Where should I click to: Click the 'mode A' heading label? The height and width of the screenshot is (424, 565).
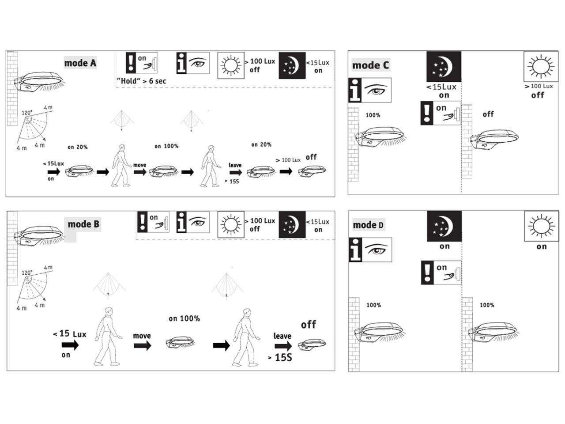(80, 63)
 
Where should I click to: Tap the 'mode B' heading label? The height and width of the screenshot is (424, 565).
(83, 224)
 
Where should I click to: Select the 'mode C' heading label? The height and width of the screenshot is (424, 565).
(371, 65)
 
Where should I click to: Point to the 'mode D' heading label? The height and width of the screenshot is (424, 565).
(368, 225)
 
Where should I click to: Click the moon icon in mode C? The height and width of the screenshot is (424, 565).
(444, 67)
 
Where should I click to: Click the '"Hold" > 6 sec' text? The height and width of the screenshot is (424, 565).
(141, 81)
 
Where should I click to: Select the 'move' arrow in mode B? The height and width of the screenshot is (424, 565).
(142, 345)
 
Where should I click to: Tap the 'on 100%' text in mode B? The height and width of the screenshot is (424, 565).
(184, 318)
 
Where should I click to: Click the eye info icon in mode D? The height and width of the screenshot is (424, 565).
(370, 250)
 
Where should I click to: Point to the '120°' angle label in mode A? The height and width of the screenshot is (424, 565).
(27, 113)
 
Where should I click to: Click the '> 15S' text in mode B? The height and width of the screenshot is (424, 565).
(280, 357)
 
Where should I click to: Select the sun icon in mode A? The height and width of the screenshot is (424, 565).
(231, 66)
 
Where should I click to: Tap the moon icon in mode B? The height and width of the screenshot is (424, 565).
(292, 224)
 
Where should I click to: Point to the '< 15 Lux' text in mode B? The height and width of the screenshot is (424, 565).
(69, 334)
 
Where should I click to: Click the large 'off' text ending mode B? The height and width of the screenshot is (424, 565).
(308, 325)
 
